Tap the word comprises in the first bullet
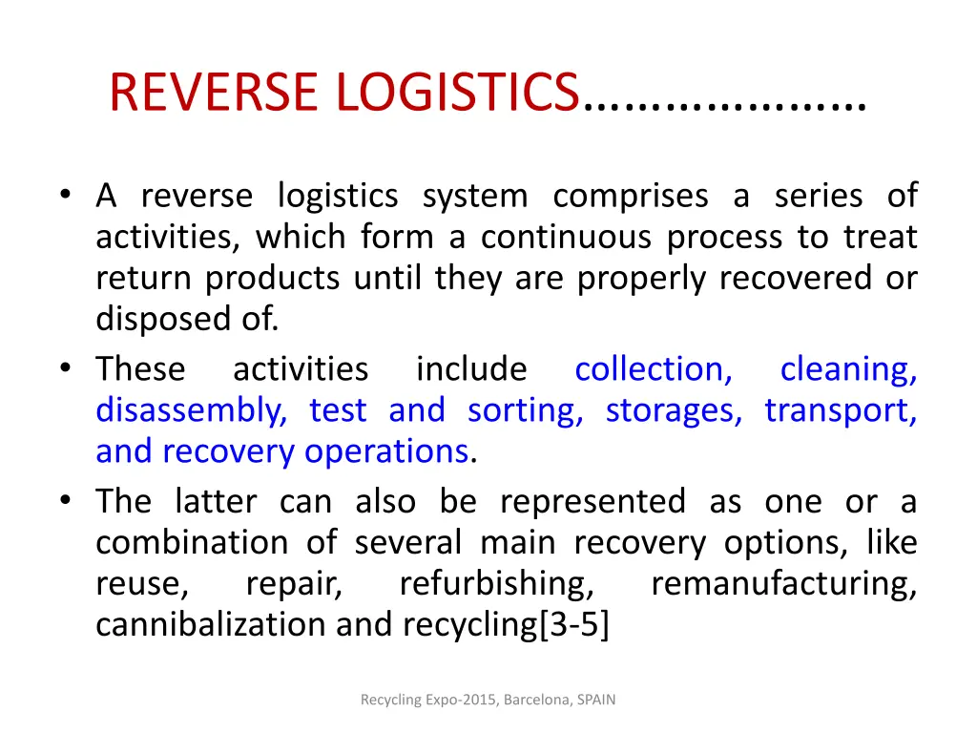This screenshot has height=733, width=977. click(x=631, y=196)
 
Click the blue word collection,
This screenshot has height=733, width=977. click(x=654, y=369)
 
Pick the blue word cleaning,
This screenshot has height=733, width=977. click(x=848, y=369)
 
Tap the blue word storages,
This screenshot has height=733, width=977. click(x=674, y=410)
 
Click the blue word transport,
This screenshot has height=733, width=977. click(x=841, y=410)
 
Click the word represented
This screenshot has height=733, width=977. click(x=592, y=501)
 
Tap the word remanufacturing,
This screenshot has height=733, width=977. click(x=783, y=583)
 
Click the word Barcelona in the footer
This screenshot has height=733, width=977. click(x=535, y=700)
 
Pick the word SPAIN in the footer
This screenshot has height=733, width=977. click(x=595, y=700)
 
